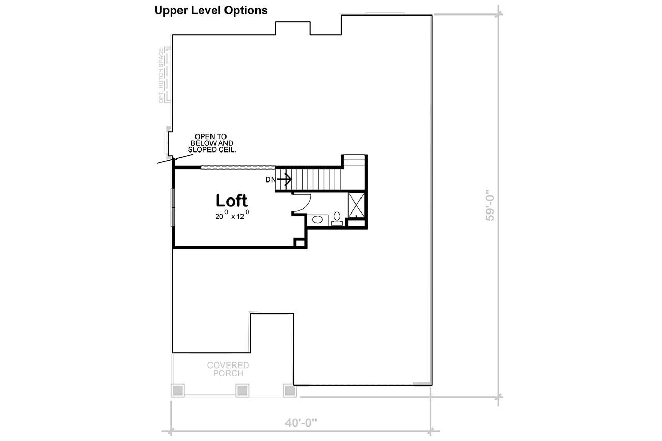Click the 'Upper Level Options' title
pos(211,10)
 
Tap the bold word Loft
pos(231,201)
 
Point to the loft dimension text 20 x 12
pos(232,216)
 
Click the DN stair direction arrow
pos(285,179)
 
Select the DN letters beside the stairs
pos(270,180)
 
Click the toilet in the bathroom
pos(337,217)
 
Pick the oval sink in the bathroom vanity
pos(318,220)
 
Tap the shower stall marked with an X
pos(355,205)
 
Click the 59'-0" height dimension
pos(490,207)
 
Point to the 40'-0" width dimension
pos(300,422)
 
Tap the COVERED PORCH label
pos(228,369)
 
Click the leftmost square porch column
pos(177,390)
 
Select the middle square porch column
pos(243,390)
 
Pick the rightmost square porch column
pos(290,390)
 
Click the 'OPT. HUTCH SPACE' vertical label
pos(161,75)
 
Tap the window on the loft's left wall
pos(173,207)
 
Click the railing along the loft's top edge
pos(237,167)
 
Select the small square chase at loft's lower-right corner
pos(299,242)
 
